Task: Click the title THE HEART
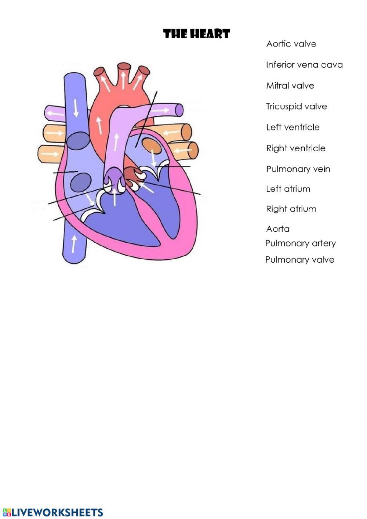[x=196, y=34]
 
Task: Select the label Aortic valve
[x=291, y=44]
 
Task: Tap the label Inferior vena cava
[x=304, y=65]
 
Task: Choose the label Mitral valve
[x=290, y=86]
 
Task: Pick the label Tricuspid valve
[x=296, y=107]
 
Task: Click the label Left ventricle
[x=292, y=127]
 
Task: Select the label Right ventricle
[x=295, y=148]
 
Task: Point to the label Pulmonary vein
[x=298, y=169]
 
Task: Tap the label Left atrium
[x=288, y=189]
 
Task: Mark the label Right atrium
[x=291, y=209]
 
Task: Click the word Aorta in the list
[x=278, y=229]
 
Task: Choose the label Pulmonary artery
[x=300, y=244]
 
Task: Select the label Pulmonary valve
[x=299, y=260]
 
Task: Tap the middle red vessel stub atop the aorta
[x=124, y=67]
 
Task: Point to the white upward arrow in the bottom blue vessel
[x=74, y=244]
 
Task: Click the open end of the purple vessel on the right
[x=179, y=109]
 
